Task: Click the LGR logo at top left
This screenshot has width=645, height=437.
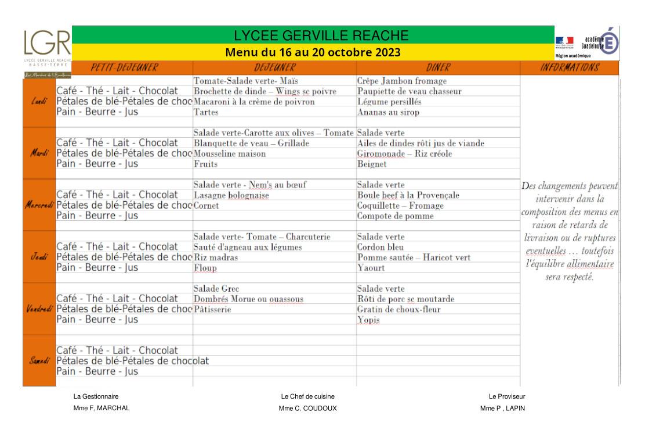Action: click(47, 44)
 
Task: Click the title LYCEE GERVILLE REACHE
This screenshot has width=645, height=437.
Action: click(313, 35)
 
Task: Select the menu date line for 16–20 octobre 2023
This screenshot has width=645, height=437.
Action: click(313, 52)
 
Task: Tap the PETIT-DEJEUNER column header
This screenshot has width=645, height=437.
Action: click(124, 68)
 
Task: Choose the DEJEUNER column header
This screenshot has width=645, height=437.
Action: click(274, 68)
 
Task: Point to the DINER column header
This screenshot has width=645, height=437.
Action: click(438, 68)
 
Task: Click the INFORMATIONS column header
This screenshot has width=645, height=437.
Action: click(569, 68)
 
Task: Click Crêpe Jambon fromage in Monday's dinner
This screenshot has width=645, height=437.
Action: click(402, 81)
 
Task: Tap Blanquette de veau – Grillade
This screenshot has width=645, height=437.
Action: click(251, 144)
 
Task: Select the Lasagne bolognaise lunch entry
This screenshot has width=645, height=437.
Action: click(231, 196)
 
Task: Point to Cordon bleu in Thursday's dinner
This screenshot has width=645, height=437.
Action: click(380, 247)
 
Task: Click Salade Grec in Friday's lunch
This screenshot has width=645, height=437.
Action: click(216, 289)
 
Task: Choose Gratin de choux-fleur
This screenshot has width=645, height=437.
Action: click(398, 310)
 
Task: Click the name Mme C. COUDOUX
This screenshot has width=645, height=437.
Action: click(307, 408)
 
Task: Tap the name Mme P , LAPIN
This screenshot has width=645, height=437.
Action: click(502, 408)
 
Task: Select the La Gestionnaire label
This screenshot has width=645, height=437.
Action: click(96, 396)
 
